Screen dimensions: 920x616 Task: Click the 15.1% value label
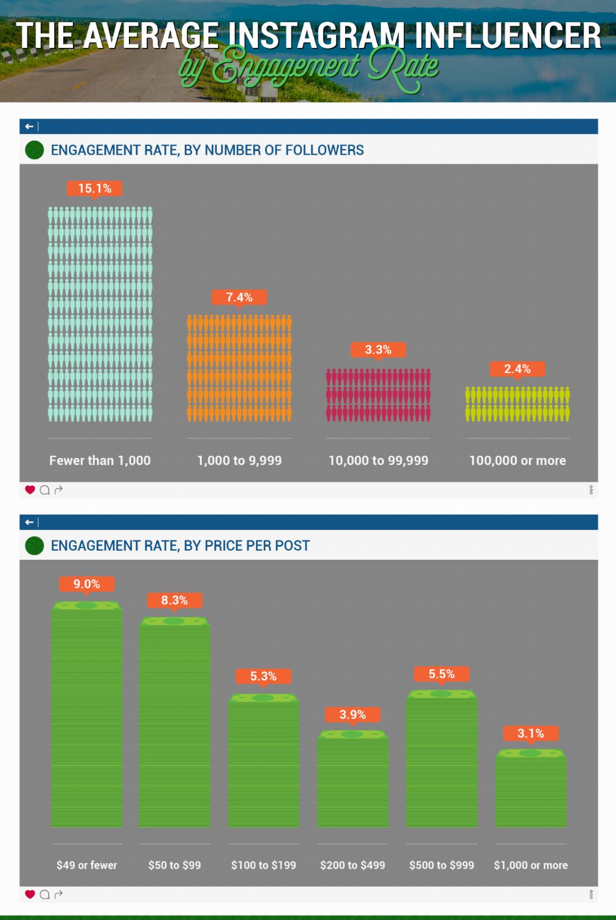click(x=95, y=189)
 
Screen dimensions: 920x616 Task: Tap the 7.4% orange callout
click(x=239, y=297)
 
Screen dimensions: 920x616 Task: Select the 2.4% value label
click(x=517, y=369)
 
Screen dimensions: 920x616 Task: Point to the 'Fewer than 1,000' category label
click(x=100, y=461)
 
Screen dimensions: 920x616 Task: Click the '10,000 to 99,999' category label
click(x=378, y=461)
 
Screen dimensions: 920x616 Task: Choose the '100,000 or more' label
click(x=517, y=461)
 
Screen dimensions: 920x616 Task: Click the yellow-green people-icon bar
click(x=517, y=404)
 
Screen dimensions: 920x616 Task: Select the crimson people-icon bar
click(x=378, y=395)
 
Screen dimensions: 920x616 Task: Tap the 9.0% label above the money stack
click(x=87, y=584)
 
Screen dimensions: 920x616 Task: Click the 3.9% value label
click(x=352, y=714)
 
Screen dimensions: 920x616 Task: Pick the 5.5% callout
click(x=441, y=674)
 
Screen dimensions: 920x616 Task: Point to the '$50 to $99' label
click(x=175, y=865)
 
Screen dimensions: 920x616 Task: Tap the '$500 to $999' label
click(x=441, y=865)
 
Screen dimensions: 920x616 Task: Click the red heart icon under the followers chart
click(x=30, y=490)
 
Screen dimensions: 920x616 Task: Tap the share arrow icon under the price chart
click(x=58, y=894)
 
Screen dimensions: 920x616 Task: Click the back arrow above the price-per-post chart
click(x=29, y=522)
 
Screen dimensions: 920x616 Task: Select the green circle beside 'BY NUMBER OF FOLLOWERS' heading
click(x=35, y=150)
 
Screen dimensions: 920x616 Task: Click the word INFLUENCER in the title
click(x=508, y=36)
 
